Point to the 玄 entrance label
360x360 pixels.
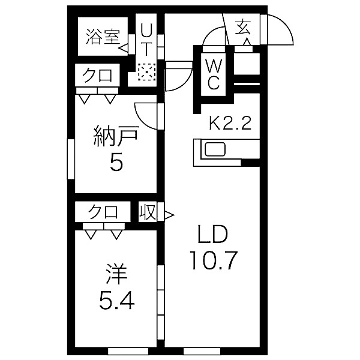point(242,26)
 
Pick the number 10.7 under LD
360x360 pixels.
point(214,259)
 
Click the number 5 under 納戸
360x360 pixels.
point(115,163)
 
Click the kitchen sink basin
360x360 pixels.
point(214,148)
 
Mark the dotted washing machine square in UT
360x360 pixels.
point(146,73)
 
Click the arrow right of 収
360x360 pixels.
point(169,213)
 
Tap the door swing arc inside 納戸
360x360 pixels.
point(144,113)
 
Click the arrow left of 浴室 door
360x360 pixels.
point(122,46)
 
